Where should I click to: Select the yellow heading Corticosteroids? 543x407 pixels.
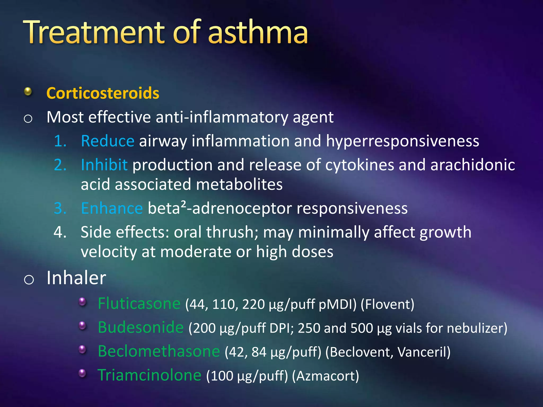tap(103, 93)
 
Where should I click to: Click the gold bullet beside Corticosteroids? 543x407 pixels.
tap(28, 92)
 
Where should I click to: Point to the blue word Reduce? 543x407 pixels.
tap(107, 141)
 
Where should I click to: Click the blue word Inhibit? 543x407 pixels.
tap(104, 165)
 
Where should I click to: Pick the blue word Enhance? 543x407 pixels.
tap(112, 208)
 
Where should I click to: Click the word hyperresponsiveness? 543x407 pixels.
tap(402, 141)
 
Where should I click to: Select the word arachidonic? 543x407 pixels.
tap(472, 165)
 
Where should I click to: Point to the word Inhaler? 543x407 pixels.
tap(76, 278)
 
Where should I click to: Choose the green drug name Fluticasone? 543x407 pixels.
tap(139, 304)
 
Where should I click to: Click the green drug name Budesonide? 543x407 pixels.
tap(141, 328)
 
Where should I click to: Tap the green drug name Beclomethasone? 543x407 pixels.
tap(159, 352)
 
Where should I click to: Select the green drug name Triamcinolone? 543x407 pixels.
tap(149, 375)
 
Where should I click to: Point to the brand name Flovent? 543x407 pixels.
tap(387, 304)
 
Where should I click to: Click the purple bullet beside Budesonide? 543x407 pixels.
tap(82, 326)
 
